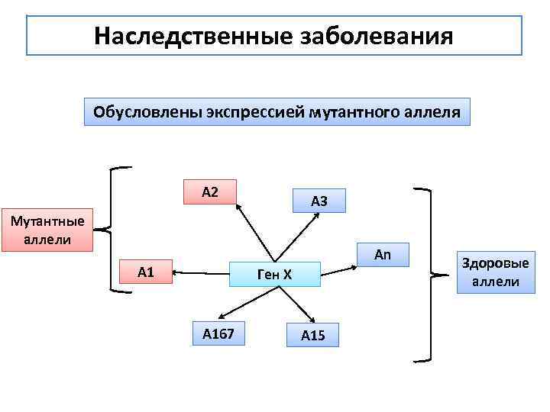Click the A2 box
coord(210,192)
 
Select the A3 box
coord(319,201)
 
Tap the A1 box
coord(146,272)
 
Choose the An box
coord(383,255)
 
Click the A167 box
coord(218,333)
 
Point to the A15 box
coord(313,335)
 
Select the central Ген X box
coord(275,274)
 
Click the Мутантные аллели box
coord(47,230)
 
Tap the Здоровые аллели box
coord(495,272)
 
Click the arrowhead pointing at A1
coord(177,271)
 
